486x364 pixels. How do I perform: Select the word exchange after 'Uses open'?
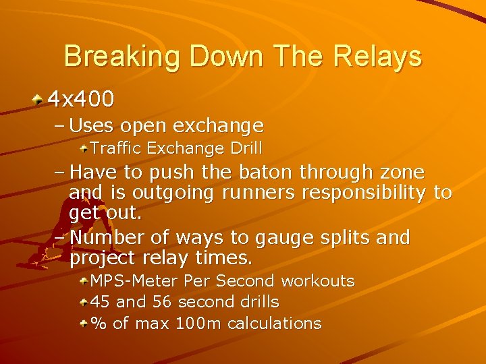[x=218, y=126]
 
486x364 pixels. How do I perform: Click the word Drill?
[x=244, y=148]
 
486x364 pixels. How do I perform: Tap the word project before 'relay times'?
[x=102, y=258]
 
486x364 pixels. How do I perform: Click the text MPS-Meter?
[x=134, y=280]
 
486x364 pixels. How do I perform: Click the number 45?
[x=101, y=302]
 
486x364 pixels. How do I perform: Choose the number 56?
[x=162, y=302]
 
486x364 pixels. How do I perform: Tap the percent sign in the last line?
[x=99, y=324]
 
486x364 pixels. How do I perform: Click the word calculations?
[x=274, y=324]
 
